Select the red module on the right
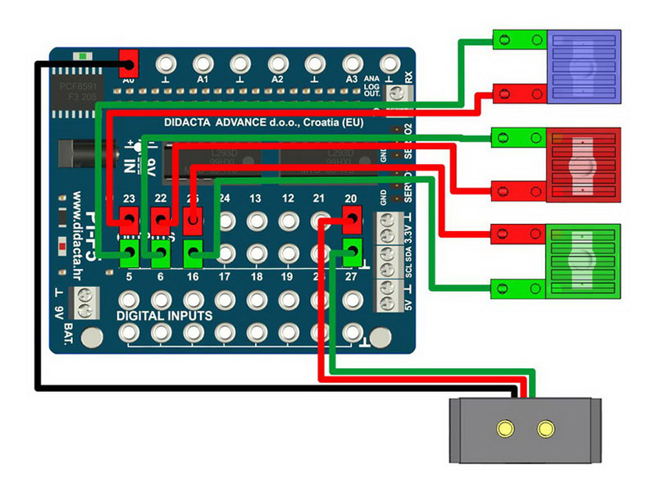(x=583, y=164)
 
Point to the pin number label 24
(x=224, y=199)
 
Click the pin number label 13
(x=256, y=199)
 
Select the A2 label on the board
(x=277, y=80)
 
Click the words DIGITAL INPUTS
(x=165, y=315)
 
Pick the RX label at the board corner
(x=407, y=79)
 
